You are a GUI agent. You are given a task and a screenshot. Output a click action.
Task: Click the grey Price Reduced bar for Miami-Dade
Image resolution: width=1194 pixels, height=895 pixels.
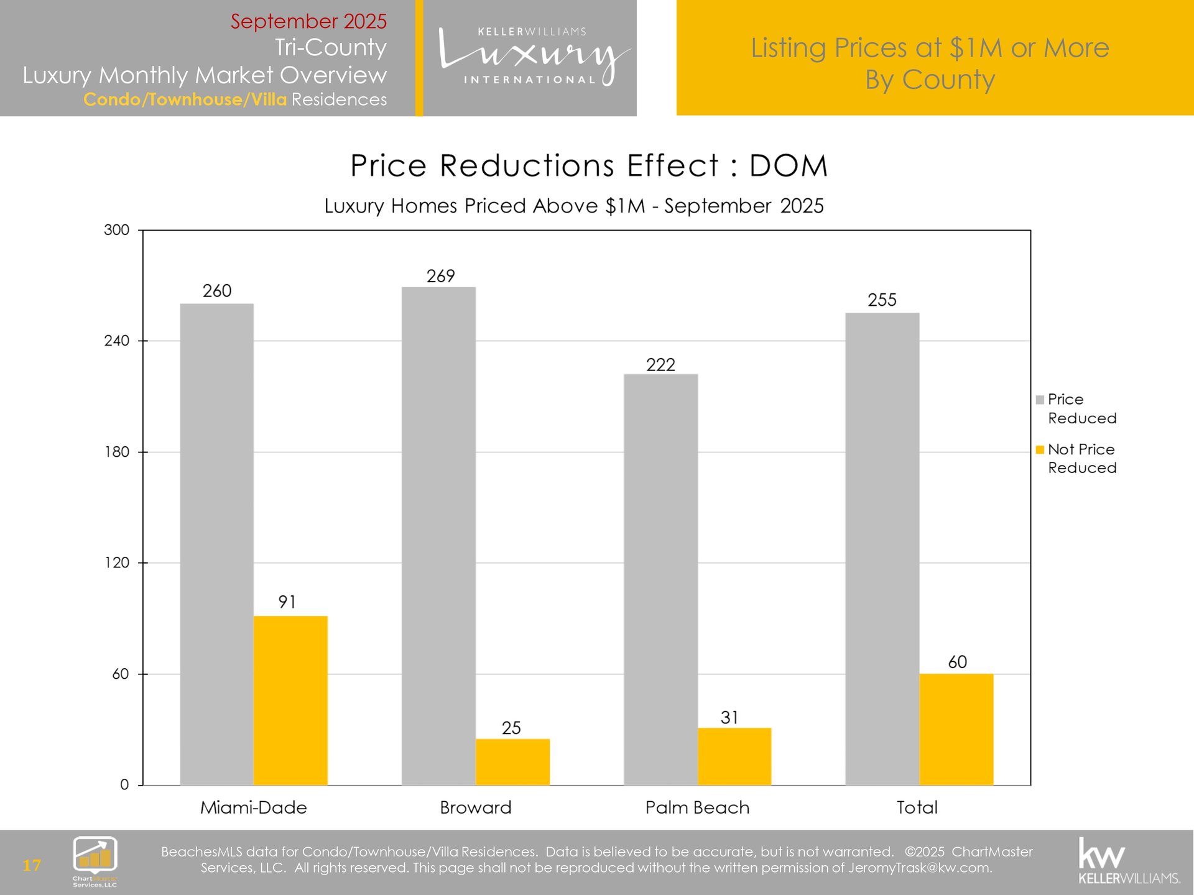pos(216,544)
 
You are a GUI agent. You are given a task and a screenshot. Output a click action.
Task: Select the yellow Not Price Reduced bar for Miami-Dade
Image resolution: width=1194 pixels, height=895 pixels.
pos(290,700)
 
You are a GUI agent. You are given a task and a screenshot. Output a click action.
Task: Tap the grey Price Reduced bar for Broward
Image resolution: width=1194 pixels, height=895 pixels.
pos(438,536)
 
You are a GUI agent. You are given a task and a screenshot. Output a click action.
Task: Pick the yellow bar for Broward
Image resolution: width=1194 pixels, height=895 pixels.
pos(512,761)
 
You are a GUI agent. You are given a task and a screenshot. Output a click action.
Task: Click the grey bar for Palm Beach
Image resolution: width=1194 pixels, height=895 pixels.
pos(660,579)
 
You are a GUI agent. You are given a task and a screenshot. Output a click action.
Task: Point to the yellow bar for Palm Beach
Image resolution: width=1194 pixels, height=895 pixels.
pos(734,756)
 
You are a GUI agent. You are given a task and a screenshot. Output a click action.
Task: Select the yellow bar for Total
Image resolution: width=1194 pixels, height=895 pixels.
pos(956,729)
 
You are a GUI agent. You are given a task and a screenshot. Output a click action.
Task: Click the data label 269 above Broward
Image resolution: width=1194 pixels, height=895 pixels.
pos(440,276)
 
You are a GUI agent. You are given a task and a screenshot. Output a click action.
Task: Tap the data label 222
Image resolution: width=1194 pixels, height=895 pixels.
pos(660,365)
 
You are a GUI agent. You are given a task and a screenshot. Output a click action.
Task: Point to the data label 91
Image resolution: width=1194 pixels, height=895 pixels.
pos(287,602)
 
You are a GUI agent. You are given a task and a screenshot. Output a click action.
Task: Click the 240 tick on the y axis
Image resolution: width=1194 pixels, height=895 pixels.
pos(116,341)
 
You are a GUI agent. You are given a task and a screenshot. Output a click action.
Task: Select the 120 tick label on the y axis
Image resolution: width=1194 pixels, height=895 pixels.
pos(116,562)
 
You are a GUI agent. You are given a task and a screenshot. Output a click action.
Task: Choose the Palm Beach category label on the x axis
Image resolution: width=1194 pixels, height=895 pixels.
pos(697,807)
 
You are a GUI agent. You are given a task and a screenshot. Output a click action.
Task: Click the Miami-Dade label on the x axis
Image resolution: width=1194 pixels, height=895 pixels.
pos(253,807)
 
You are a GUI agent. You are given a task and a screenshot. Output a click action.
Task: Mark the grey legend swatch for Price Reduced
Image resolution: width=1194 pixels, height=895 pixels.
pos(1040,400)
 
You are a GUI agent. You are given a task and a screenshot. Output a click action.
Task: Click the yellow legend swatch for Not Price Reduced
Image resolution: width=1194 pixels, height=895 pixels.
pos(1040,449)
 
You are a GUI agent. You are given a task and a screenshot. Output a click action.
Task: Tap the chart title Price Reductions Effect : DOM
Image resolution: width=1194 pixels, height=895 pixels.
pos(588,166)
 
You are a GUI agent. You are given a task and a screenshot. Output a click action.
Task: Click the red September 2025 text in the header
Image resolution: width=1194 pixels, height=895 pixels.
pos(308,21)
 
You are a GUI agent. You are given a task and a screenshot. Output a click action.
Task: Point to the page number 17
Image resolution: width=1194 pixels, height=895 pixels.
pos(32,865)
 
